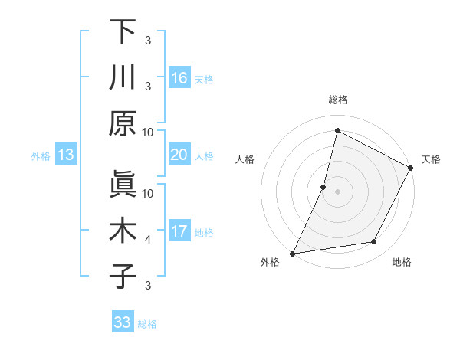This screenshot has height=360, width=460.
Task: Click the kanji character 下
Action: (x=123, y=33)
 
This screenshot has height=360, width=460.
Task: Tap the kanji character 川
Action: (x=123, y=78)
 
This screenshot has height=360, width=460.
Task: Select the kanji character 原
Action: (x=123, y=123)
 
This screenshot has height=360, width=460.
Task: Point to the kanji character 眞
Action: (x=123, y=185)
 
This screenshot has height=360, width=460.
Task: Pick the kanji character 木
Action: (x=123, y=231)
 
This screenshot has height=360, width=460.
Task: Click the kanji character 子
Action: (x=123, y=276)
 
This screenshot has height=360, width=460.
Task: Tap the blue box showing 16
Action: (x=179, y=78)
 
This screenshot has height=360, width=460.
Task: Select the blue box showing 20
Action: (x=179, y=155)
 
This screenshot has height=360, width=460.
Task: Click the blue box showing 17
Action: (x=179, y=231)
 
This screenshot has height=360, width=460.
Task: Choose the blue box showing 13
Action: (x=65, y=155)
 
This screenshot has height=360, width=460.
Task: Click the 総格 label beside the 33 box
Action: (x=148, y=323)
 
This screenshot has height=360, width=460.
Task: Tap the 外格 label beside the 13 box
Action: (x=41, y=156)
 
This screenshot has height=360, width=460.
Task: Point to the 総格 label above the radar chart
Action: (x=337, y=100)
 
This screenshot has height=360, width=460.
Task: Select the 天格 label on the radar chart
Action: (x=432, y=159)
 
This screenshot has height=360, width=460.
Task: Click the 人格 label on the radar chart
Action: (x=245, y=159)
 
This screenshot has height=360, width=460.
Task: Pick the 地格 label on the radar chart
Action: (x=402, y=263)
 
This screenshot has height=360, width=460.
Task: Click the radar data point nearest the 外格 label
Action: (x=292, y=253)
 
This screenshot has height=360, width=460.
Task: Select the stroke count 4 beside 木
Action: (x=148, y=240)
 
